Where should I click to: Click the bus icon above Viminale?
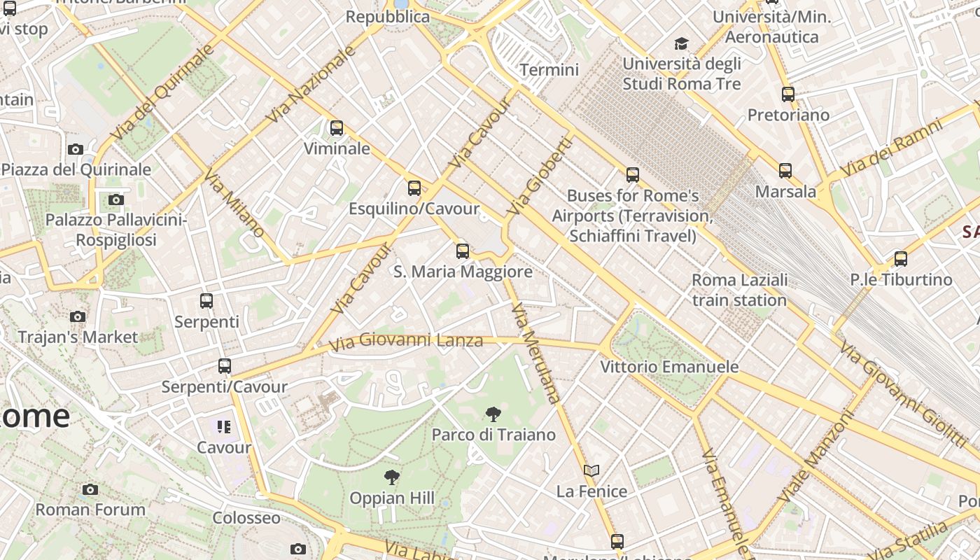[337, 128]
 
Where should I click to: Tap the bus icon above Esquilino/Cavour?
[414, 188]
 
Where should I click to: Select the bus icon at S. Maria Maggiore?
[463, 251]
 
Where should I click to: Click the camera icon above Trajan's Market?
[78, 316]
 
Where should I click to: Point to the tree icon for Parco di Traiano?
[493, 414]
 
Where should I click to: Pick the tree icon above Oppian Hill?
[392, 477]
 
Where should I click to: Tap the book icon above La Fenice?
[591, 470]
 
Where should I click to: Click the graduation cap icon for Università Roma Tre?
[681, 44]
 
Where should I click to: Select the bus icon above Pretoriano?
[788, 94]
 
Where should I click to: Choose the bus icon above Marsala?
[785, 170]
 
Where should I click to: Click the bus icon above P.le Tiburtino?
[901, 259]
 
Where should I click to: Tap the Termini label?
[549, 70]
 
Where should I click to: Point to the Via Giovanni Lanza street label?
[407, 342]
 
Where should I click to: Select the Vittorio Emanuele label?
[669, 367]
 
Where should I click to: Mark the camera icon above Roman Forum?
[90, 489]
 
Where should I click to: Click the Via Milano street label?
[234, 202]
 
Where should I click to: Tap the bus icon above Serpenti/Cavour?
[224, 365]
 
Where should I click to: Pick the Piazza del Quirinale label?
[76, 169]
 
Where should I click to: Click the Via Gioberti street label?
[540, 176]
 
